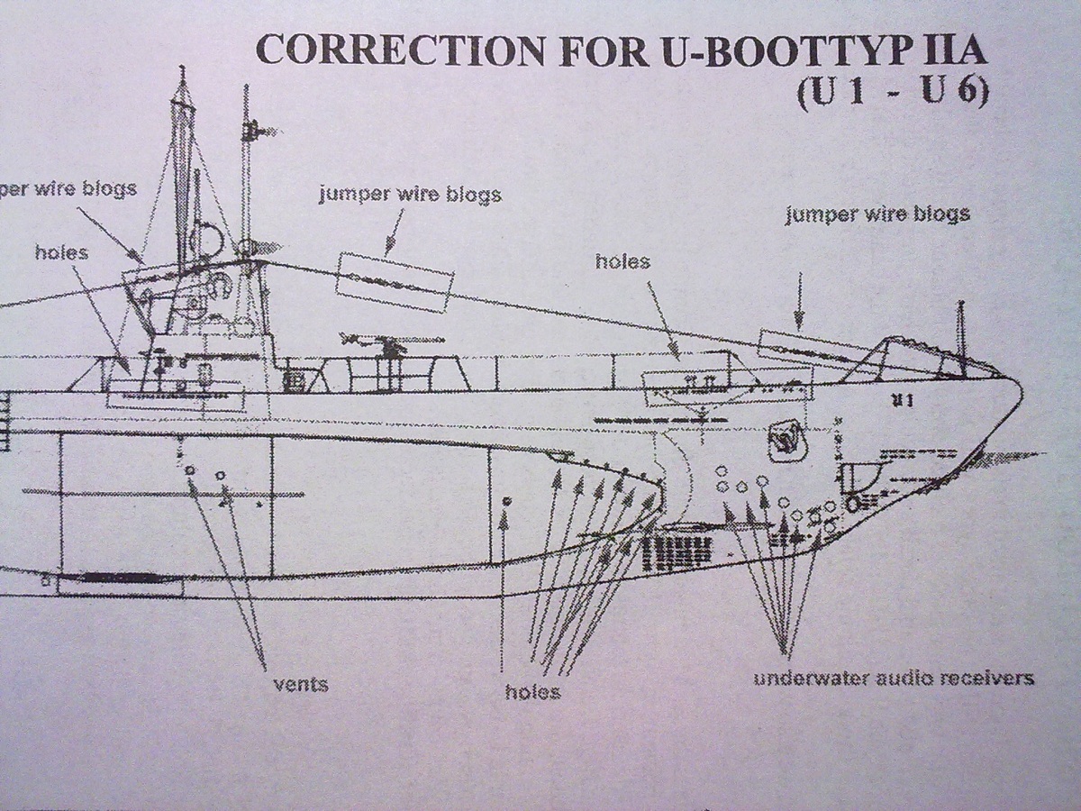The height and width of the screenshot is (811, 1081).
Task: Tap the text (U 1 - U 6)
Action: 891,94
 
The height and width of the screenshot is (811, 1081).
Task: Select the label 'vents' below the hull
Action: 301,684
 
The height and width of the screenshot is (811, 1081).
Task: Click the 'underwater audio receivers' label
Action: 893,678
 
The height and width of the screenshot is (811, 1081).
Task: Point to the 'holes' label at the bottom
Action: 532,692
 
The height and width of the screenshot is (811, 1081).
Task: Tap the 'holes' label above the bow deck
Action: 622,261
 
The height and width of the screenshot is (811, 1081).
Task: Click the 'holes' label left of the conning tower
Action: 61,252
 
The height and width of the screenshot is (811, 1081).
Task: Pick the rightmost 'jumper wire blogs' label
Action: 877,214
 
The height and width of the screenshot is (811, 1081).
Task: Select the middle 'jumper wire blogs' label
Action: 410,195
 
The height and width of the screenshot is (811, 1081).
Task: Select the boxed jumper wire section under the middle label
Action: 393,281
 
